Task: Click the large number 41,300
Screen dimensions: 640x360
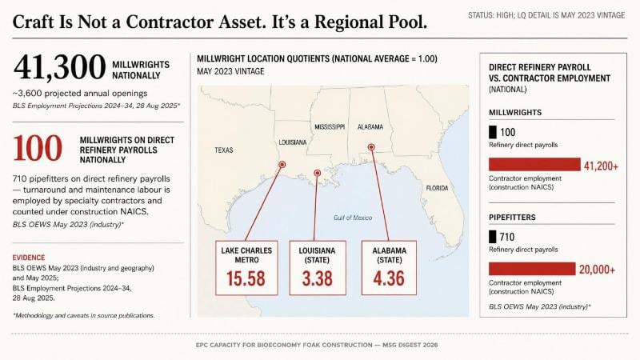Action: (59, 67)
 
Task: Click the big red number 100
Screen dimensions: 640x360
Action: (38, 148)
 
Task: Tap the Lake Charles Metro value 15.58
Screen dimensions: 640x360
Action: (246, 278)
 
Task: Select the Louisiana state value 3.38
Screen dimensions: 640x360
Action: (317, 278)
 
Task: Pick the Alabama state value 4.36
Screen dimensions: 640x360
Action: (389, 278)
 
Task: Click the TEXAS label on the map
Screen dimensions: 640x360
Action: (224, 150)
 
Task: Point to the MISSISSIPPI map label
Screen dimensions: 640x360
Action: (330, 127)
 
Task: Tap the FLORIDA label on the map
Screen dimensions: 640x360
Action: (437, 188)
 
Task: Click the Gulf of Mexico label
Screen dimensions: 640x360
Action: (353, 218)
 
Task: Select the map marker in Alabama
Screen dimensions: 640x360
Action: (371, 147)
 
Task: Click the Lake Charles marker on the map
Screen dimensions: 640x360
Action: (282, 165)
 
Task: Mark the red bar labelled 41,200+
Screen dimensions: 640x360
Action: (534, 165)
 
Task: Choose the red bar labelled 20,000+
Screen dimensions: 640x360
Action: (532, 269)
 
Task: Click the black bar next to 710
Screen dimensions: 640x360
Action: (493, 237)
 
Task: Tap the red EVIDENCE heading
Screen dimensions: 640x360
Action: (29, 258)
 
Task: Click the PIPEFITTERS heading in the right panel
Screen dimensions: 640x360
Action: (512, 218)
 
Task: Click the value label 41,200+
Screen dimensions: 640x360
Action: (601, 166)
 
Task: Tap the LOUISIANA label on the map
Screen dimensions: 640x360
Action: (293, 142)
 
